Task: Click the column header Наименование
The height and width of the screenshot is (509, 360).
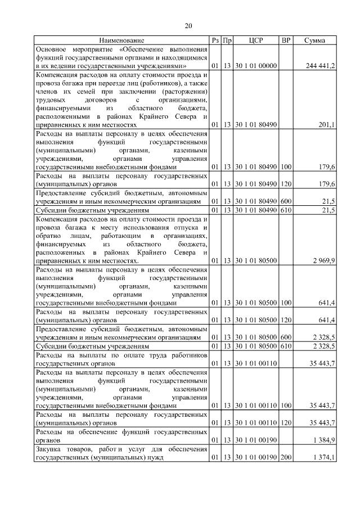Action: tap(122, 40)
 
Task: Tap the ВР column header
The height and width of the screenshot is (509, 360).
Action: tap(286, 40)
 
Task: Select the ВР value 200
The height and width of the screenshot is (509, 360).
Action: tap(286, 458)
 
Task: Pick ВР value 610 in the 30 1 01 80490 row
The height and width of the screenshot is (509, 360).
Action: tap(286, 210)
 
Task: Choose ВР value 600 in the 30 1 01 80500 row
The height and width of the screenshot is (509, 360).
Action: tap(286, 337)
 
